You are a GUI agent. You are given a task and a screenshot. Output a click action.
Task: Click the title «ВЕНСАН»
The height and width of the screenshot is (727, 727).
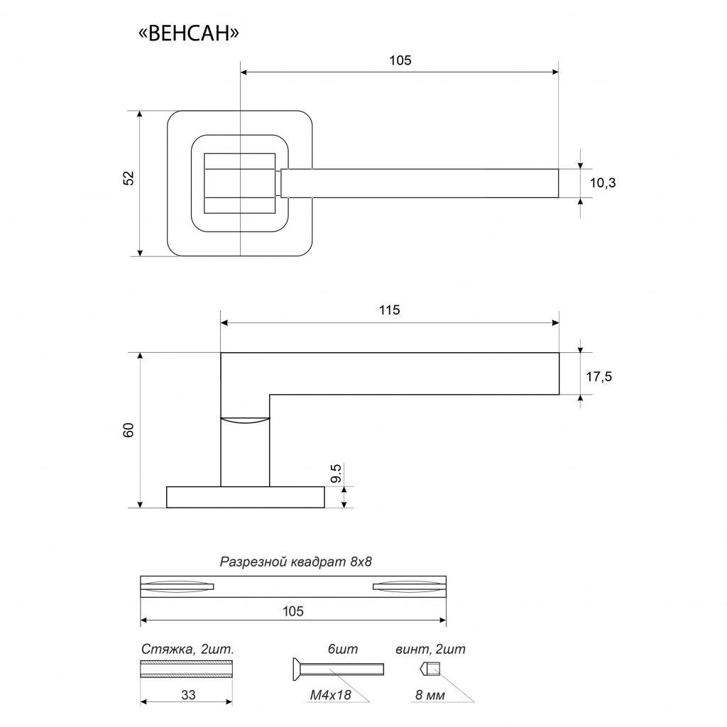[x=189, y=33]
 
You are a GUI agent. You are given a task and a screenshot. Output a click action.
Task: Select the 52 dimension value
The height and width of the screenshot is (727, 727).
[x=129, y=178]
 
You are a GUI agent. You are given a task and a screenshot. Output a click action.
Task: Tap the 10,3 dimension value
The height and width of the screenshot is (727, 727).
[x=603, y=183]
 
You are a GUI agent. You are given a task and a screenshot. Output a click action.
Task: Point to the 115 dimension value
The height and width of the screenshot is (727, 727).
[x=390, y=310]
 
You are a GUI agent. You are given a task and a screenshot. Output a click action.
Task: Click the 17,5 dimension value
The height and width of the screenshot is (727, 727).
[x=599, y=377]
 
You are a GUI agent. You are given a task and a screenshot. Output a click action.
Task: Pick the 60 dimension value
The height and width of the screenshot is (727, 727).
[x=129, y=430]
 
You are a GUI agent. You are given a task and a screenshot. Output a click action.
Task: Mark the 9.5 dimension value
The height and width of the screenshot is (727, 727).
[x=337, y=474]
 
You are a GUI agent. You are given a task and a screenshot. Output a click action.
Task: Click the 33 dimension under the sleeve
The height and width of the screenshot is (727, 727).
[x=188, y=695]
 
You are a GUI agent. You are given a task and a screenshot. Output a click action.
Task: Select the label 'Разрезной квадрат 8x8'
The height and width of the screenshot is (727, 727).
[x=296, y=562]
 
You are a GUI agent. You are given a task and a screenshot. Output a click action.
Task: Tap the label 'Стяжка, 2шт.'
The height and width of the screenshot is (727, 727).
[x=187, y=650]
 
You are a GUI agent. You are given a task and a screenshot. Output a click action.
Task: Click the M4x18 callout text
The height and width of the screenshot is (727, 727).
[x=331, y=695]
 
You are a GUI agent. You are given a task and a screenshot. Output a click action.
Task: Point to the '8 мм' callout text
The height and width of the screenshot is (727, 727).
[x=430, y=696]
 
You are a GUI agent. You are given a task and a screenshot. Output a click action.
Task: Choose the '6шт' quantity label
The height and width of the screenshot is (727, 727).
[x=343, y=650]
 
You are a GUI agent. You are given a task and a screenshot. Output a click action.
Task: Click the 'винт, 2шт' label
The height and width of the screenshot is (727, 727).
[x=430, y=650]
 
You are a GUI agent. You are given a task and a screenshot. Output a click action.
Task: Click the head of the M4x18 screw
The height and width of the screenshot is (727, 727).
[x=297, y=669]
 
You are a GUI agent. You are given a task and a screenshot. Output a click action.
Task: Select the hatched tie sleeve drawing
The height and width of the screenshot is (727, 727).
[x=187, y=669]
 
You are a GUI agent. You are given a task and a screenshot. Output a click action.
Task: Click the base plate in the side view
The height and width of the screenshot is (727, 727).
[x=245, y=497]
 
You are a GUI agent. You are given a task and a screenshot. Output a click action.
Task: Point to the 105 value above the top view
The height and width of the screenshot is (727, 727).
[x=400, y=61]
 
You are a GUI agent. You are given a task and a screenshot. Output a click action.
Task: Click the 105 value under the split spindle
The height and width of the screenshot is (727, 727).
[x=293, y=611]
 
